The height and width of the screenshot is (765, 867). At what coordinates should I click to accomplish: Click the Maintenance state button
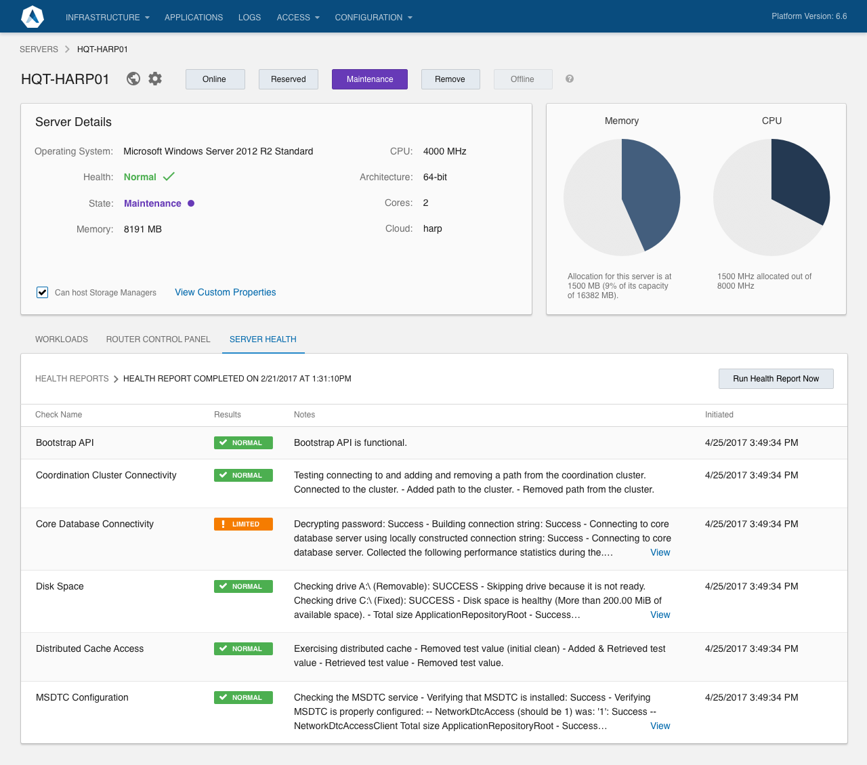(369, 79)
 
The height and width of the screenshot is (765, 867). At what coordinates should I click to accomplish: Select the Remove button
(450, 79)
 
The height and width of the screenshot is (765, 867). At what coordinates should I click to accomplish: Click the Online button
(215, 79)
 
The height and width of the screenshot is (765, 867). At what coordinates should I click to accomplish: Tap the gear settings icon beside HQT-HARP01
(155, 79)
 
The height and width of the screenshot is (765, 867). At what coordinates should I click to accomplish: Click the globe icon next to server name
(133, 79)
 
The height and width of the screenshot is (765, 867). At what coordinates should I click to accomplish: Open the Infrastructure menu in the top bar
(107, 17)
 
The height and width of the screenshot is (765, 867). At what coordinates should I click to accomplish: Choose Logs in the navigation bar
(249, 17)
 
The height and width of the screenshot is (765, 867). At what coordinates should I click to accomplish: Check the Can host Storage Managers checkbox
(43, 292)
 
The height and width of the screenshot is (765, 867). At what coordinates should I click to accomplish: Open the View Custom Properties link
(225, 292)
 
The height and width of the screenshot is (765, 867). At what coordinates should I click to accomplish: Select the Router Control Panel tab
(158, 339)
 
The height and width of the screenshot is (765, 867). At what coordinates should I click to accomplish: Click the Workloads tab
(62, 339)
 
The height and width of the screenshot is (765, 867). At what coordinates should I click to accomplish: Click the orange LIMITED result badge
(243, 524)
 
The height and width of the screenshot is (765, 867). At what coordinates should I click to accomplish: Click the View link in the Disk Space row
(660, 615)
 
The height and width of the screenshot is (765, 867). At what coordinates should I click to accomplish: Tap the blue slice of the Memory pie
(650, 193)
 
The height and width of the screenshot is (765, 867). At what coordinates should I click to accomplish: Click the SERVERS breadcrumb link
(39, 49)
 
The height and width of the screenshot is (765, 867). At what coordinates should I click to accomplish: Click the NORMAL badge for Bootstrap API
(243, 442)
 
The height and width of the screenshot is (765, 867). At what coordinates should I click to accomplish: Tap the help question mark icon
(570, 79)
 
